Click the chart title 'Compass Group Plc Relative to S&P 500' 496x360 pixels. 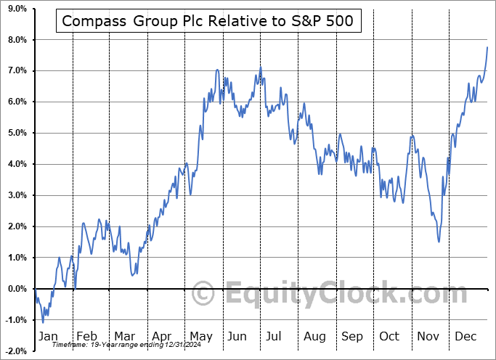click(x=208, y=21)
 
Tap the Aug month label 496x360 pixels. click(x=314, y=336)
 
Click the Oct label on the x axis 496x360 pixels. click(x=389, y=336)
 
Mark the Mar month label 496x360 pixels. click(x=125, y=336)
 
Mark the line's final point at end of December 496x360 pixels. click(x=487, y=46)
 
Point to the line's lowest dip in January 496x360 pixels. click(x=43, y=322)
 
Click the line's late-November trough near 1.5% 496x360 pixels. click(x=439, y=242)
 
